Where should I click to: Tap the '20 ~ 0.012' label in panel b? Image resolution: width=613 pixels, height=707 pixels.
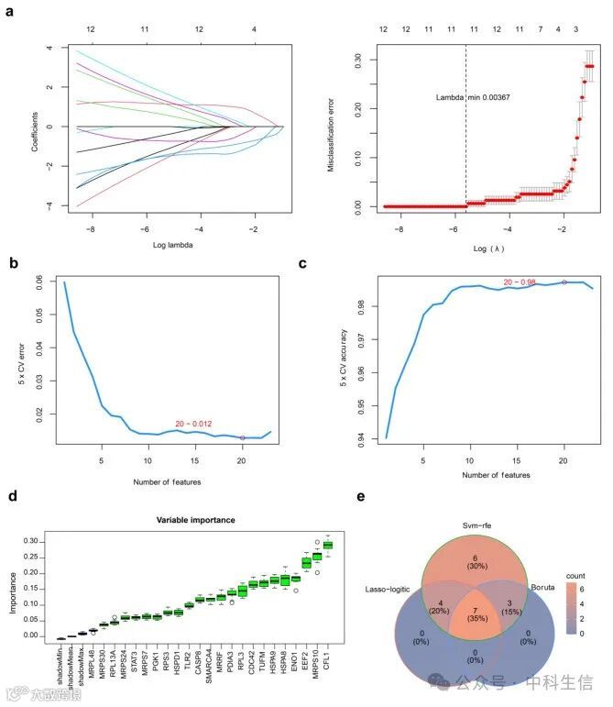[x=194, y=423]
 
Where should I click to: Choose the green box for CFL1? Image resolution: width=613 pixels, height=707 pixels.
[x=327, y=545]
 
